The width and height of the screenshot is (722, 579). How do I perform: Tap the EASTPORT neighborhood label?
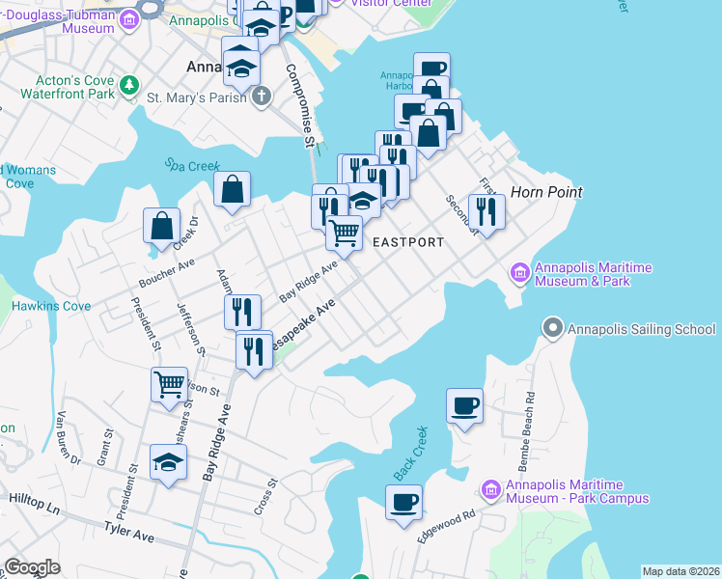pyautogui.click(x=408, y=242)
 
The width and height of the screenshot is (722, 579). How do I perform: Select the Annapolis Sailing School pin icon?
pyautogui.click(x=553, y=329)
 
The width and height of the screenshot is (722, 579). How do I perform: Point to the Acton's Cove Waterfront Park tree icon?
pyautogui.click(x=128, y=88)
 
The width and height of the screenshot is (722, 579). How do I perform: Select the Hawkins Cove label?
pyautogui.click(x=50, y=306)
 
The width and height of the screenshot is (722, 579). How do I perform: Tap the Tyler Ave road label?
pyautogui.click(x=129, y=533)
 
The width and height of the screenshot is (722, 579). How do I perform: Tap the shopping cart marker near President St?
pyautogui.click(x=169, y=384)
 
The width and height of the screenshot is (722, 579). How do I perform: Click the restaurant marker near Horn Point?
pyautogui.click(x=486, y=211)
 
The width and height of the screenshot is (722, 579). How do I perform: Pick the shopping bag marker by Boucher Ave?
pyautogui.click(x=162, y=226)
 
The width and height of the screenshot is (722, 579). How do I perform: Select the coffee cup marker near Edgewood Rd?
pyautogui.click(x=403, y=503)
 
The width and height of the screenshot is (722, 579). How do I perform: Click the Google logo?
pyautogui.click(x=32, y=567)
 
